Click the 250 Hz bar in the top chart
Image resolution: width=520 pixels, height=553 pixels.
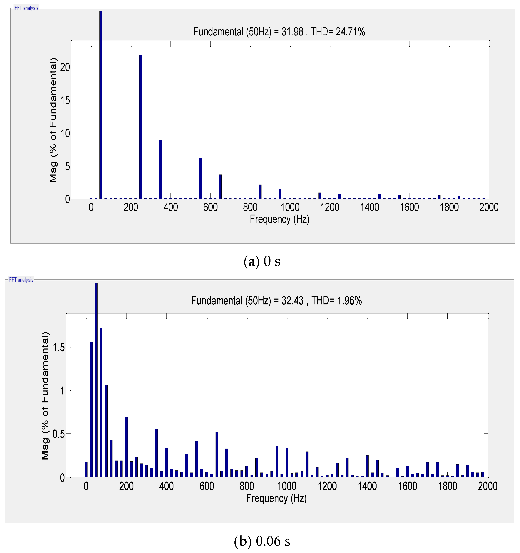[x=141, y=127]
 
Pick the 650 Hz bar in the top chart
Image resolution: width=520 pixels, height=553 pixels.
[x=220, y=186]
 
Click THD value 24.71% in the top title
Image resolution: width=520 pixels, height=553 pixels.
[x=350, y=32]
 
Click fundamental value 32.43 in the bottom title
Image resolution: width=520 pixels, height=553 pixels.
[x=292, y=301]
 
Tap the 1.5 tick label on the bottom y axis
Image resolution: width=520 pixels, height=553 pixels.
[x=59, y=347]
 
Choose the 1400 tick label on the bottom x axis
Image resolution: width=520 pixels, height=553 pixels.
[x=367, y=486]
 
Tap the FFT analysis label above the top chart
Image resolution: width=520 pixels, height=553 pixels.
[x=26, y=8]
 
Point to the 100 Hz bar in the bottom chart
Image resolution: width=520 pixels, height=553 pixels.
[x=106, y=431]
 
